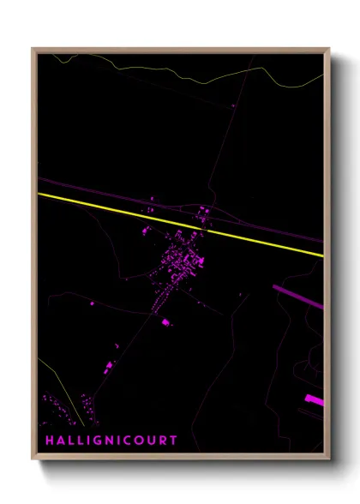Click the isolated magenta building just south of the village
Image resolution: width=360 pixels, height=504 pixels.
[x=165, y=322]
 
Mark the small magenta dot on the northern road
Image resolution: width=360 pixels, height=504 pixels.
[x=232, y=105]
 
